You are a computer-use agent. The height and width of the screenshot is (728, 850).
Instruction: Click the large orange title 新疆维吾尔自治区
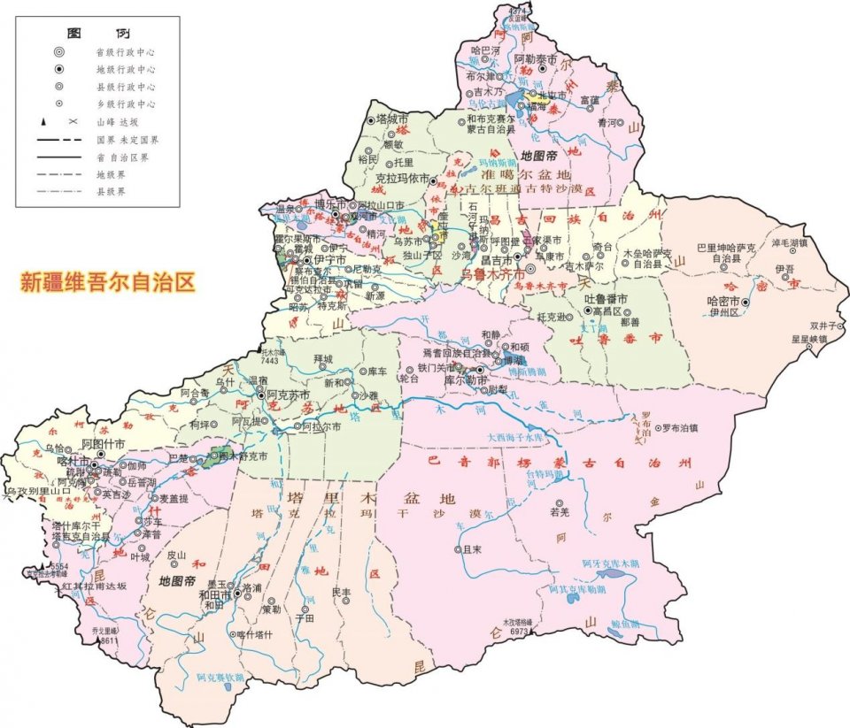tap(107, 283)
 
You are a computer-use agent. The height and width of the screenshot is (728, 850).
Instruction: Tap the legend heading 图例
tap(91, 32)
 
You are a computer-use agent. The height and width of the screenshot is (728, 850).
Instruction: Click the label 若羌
tap(559, 512)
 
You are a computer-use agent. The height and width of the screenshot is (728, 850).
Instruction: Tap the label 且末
tap(471, 549)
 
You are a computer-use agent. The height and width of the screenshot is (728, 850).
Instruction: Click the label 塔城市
tap(392, 118)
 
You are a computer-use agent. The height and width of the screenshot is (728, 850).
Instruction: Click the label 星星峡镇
tap(809, 338)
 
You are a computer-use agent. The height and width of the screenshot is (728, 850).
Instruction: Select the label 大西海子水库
tap(519, 436)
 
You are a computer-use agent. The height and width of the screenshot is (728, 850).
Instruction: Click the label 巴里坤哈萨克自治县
tap(730, 250)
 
